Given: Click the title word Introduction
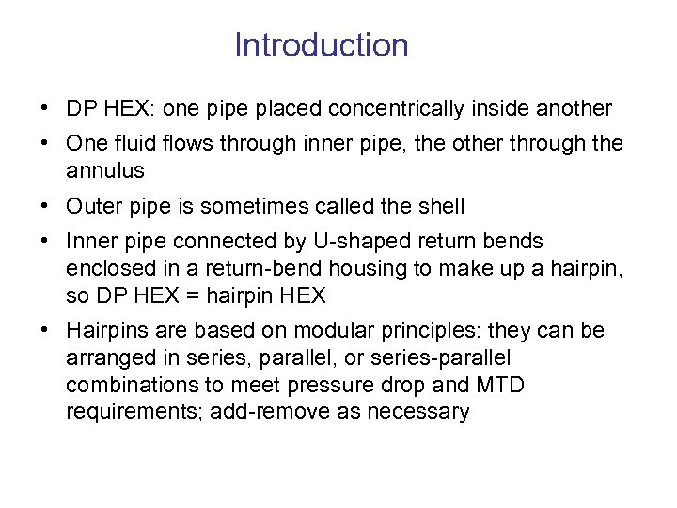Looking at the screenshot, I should coord(321,45).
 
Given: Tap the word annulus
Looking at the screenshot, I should coord(105,170).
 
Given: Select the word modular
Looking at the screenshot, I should coord(333,331).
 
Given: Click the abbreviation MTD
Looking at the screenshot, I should coord(502,386).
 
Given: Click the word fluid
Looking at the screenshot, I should coord(131,143).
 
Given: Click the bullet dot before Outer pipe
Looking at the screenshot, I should coord(46,206).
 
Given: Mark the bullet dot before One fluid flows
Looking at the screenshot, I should coord(46,143).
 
